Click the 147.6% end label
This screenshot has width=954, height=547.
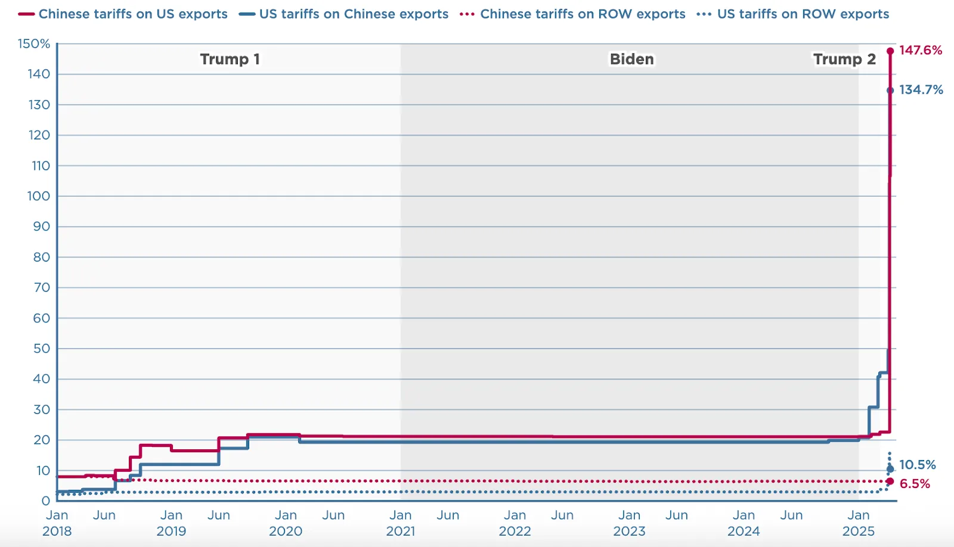pos(920,50)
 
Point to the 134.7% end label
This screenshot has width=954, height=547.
pos(921,90)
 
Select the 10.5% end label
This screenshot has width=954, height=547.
pos(917,465)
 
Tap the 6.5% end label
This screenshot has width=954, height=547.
pos(915,484)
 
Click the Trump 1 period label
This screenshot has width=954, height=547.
pos(230,59)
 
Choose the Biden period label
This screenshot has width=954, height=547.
pos(631,59)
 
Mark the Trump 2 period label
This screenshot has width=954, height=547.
pos(844,59)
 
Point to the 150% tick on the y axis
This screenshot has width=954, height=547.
pos(34,43)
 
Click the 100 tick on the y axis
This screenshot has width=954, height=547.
pos(38,196)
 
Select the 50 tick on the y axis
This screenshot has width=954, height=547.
pos(41,349)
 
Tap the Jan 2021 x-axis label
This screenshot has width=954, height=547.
pos(400,523)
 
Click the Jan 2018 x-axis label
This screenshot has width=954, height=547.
pos(57,523)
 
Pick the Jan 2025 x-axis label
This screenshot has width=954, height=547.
pos(858,523)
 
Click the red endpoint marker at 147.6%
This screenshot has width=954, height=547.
pos(890,51)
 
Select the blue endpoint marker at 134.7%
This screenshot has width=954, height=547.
pos(890,91)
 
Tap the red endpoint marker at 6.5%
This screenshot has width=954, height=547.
pos(890,481)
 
